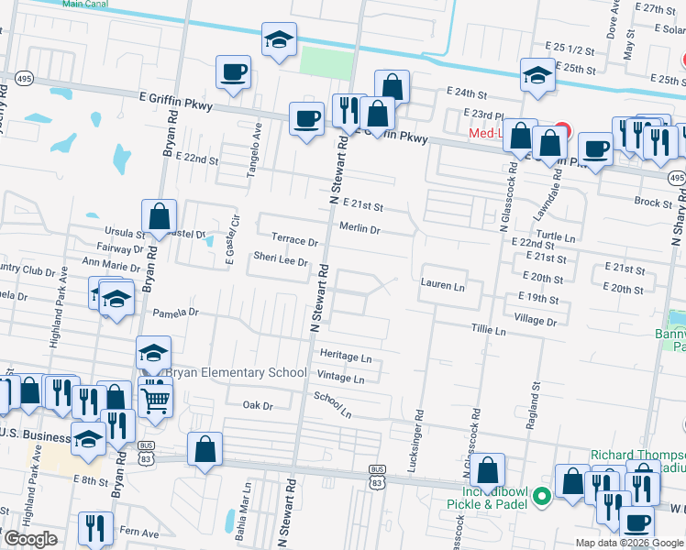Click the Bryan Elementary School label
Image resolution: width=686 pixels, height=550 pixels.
click(x=236, y=373)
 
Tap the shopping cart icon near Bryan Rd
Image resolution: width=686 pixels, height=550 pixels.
click(x=156, y=400)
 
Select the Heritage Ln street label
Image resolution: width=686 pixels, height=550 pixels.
click(x=346, y=357)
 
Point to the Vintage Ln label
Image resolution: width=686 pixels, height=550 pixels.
click(x=340, y=378)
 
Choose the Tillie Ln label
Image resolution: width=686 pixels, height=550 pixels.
click(x=489, y=329)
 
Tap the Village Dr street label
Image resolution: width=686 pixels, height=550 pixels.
click(x=537, y=322)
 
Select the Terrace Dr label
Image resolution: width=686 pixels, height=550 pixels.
click(x=294, y=243)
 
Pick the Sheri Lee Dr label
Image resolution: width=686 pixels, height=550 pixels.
click(x=281, y=261)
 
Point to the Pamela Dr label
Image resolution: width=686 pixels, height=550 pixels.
click(x=175, y=313)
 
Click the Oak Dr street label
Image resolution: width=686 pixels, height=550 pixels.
click(x=258, y=405)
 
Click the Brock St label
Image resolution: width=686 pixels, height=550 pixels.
click(x=653, y=202)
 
